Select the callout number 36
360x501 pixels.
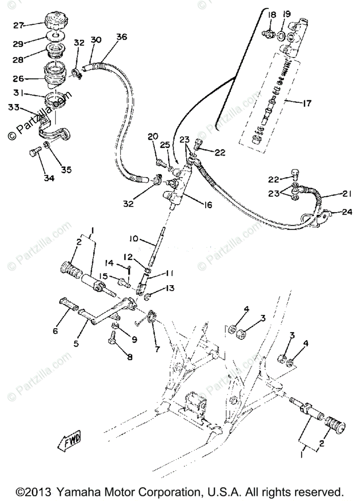(x=121, y=37)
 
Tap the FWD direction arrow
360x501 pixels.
(x=70, y=440)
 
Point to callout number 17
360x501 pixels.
(x=307, y=103)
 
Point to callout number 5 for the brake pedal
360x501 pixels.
(x=76, y=344)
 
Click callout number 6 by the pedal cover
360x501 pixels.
(x=55, y=331)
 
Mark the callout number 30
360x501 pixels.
(x=96, y=40)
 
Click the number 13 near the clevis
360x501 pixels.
(x=170, y=288)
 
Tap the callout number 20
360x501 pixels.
(x=153, y=136)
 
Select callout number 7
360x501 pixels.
(x=157, y=348)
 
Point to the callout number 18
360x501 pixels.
(x=272, y=15)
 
